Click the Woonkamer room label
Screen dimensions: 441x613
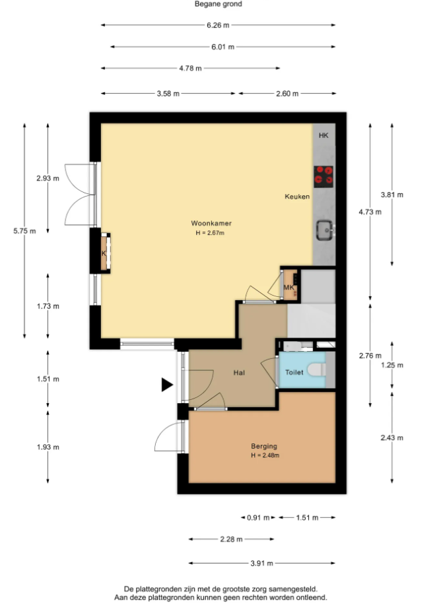click(211, 223)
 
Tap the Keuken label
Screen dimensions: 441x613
click(297, 197)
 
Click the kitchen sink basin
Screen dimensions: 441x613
click(325, 230)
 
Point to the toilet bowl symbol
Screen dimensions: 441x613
click(317, 370)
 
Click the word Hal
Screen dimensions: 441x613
click(239, 373)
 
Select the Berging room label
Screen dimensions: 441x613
click(264, 446)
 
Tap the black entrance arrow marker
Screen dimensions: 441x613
click(167, 385)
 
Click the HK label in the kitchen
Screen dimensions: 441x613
click(323, 136)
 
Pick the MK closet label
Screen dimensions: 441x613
click(288, 287)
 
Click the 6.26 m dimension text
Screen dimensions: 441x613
click(218, 26)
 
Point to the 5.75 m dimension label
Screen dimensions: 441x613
click(24, 231)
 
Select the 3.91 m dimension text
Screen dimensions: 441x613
click(262, 564)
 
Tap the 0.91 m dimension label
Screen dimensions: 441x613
click(258, 517)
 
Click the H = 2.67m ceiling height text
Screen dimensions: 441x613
click(210, 233)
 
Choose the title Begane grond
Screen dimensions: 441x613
click(219, 4)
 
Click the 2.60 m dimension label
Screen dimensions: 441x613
click(287, 94)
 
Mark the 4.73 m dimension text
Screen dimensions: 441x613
click(370, 212)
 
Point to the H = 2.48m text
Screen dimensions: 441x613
click(265, 455)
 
